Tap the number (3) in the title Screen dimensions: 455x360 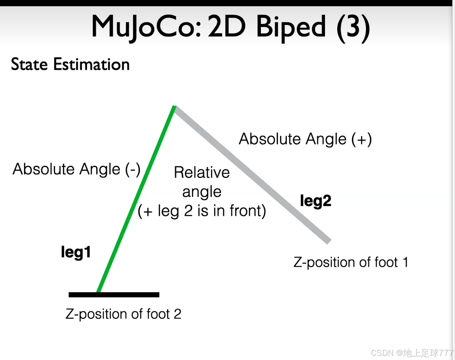[x=353, y=27]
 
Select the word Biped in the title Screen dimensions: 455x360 [x=291, y=27]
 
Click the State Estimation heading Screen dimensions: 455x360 [x=70, y=65]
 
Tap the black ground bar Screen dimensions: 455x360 [x=114, y=295]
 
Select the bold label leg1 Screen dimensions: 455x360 [x=76, y=252]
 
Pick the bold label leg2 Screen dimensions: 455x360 [x=315, y=201]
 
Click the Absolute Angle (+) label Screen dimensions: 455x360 [x=305, y=139]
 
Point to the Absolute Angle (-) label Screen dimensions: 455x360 [x=76, y=170]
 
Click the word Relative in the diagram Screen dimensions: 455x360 [x=202, y=172]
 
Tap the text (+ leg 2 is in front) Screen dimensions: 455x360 [x=202, y=211]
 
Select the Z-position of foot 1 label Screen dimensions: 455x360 [x=351, y=262]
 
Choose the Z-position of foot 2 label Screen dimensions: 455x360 [x=123, y=314]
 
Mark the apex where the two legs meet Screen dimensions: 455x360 [x=175, y=107]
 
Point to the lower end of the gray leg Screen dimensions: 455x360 [x=328, y=241]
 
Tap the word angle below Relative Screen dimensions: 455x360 [x=202, y=192]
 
